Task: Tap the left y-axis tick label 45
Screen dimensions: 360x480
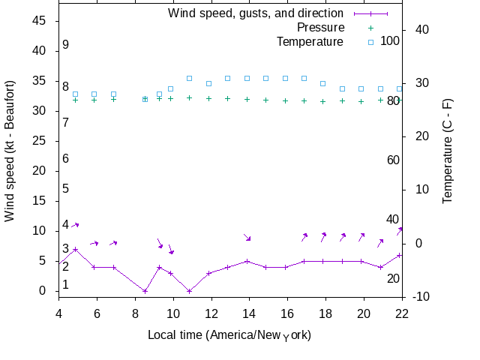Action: click(x=39, y=21)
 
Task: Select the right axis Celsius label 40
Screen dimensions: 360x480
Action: click(x=421, y=30)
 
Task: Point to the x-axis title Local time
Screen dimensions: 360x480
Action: click(x=229, y=334)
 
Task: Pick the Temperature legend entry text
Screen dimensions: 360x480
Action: click(x=310, y=41)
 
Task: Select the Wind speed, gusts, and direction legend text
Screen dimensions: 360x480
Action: click(x=256, y=13)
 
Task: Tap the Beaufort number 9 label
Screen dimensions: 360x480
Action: click(x=66, y=45)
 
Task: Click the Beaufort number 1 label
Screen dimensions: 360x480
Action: click(x=66, y=285)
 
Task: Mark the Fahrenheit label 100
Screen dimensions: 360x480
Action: click(x=390, y=40)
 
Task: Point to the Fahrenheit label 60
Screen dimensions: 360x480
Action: click(x=393, y=160)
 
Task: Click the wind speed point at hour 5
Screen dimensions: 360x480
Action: click(x=75, y=249)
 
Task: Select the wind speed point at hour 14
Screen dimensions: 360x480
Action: click(x=247, y=261)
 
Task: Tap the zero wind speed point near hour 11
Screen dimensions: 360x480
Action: click(x=190, y=291)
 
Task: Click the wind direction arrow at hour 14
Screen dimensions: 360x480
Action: click(x=247, y=238)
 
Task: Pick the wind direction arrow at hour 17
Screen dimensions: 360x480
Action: click(x=304, y=237)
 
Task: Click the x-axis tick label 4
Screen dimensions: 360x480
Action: click(x=58, y=314)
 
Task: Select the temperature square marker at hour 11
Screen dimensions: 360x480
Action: click(x=190, y=78)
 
